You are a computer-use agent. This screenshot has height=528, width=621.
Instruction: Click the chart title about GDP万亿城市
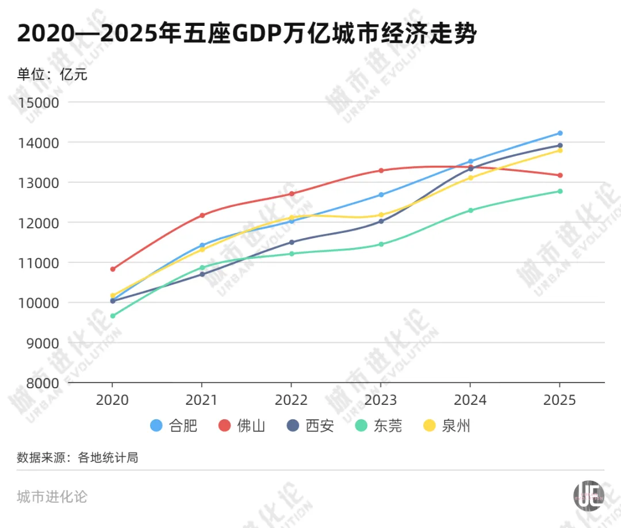(247, 34)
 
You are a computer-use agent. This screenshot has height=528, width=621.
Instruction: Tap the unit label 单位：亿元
(52, 74)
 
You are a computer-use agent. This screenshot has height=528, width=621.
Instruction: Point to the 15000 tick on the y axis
(40, 102)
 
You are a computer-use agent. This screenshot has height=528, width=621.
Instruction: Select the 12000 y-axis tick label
(40, 223)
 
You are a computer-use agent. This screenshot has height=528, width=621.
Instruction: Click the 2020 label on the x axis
(113, 400)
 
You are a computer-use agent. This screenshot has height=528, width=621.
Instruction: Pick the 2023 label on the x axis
(381, 400)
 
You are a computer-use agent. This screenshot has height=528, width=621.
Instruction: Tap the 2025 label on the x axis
(559, 400)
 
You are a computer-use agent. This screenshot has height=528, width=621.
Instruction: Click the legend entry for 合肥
(174, 426)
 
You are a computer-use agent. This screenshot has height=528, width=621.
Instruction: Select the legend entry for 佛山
(241, 426)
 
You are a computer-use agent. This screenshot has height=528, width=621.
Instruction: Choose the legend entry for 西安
(310, 426)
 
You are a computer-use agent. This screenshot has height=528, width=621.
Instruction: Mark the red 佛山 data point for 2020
(113, 269)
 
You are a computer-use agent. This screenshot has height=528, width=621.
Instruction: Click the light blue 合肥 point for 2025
(559, 133)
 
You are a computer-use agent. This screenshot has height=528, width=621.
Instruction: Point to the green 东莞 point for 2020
(113, 316)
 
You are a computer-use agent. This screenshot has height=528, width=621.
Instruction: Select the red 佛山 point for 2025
(559, 175)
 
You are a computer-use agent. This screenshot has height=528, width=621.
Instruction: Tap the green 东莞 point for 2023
(381, 244)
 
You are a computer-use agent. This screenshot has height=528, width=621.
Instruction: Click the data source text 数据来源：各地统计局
(78, 458)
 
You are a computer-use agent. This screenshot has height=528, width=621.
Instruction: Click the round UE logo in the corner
(589, 495)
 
